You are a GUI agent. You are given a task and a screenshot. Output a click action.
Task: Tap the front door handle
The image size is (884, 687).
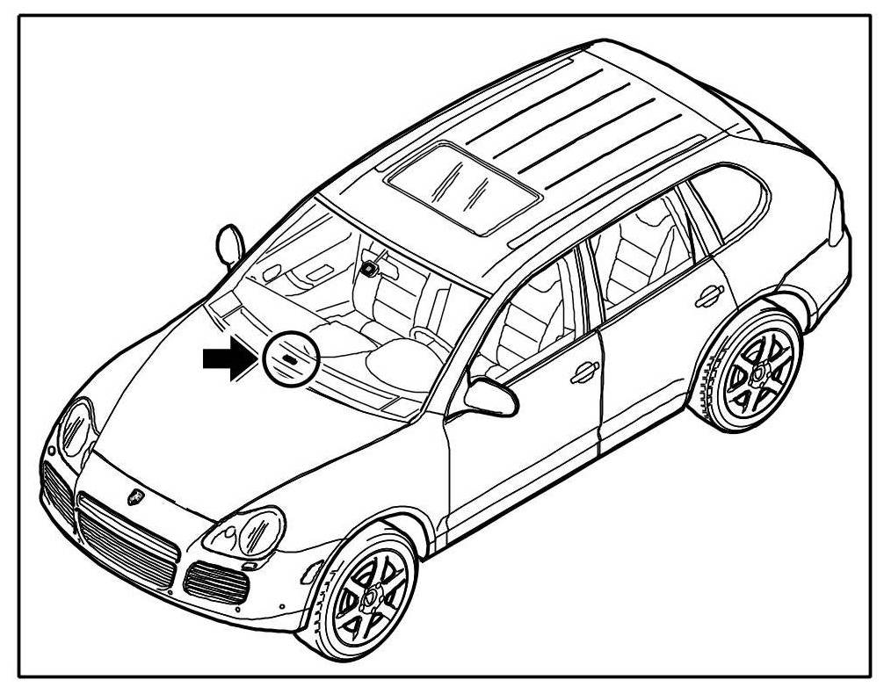[583, 372]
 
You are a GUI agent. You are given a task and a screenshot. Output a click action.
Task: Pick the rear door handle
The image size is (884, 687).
[708, 297]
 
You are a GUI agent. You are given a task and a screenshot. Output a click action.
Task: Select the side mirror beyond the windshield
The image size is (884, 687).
[228, 244]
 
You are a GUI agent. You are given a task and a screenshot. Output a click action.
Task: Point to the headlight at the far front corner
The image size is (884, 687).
[76, 427]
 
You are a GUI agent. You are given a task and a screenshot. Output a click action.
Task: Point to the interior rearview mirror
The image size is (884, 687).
[369, 267]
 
